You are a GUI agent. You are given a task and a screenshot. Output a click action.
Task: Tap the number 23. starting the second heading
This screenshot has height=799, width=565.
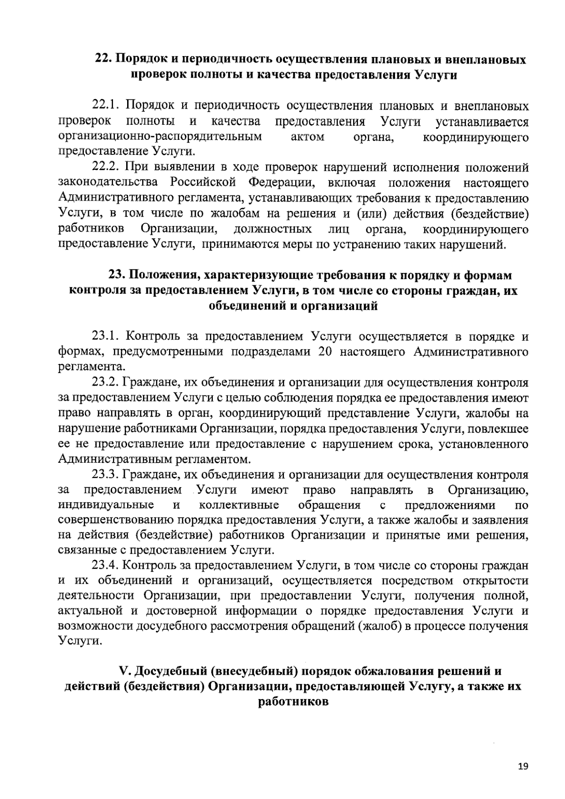point(117,275)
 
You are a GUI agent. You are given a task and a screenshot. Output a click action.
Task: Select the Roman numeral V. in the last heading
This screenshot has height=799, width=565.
point(125,670)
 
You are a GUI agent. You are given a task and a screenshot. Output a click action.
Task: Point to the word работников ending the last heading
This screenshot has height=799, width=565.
point(292,702)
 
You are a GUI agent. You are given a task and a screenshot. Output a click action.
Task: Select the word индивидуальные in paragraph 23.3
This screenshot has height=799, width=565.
point(106,505)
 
